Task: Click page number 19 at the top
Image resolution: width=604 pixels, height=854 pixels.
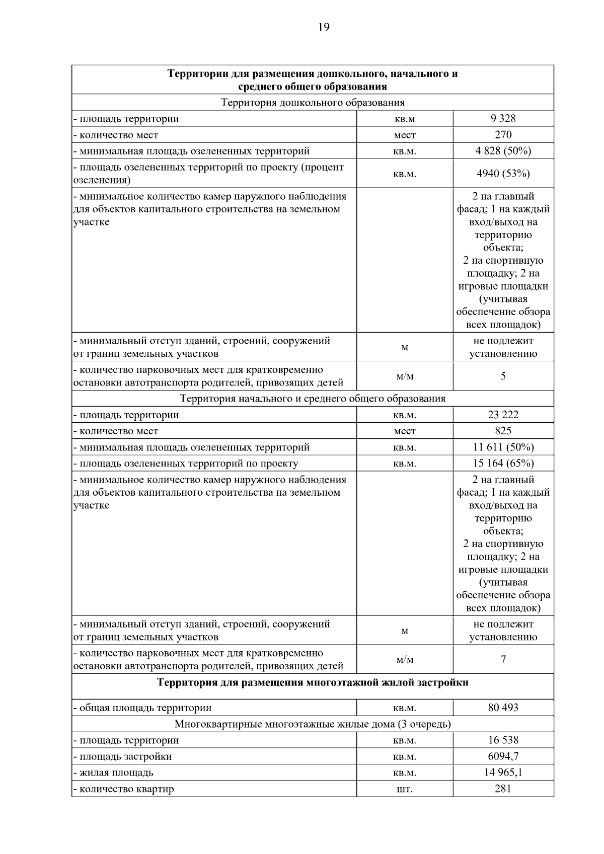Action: pyautogui.click(x=324, y=27)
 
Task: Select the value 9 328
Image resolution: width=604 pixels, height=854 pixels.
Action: pyautogui.click(x=503, y=118)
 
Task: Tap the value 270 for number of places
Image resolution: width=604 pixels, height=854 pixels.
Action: pyautogui.click(x=503, y=134)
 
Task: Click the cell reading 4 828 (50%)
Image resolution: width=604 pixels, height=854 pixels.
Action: pyautogui.click(x=503, y=150)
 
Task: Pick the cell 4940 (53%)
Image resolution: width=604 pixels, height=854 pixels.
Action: pyautogui.click(x=503, y=174)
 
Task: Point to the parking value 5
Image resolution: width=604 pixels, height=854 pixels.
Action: pyautogui.click(x=503, y=376)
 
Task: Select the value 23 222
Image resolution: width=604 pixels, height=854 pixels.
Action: pyautogui.click(x=503, y=415)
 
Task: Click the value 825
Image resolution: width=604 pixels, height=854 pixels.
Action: pyautogui.click(x=503, y=431)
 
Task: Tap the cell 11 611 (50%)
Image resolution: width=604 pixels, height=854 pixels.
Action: pyautogui.click(x=503, y=447)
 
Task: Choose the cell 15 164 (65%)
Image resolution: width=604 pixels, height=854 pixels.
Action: pyautogui.click(x=503, y=463)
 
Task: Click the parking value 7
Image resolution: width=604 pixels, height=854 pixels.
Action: pyautogui.click(x=503, y=659)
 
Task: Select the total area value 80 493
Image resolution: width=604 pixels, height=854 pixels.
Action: pyautogui.click(x=503, y=708)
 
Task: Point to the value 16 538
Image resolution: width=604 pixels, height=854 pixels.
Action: pyautogui.click(x=503, y=740)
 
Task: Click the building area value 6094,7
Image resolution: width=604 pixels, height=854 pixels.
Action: pyautogui.click(x=503, y=756)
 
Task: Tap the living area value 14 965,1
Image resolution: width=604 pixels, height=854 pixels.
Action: pyautogui.click(x=503, y=772)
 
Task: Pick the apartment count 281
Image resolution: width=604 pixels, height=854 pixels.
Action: pyautogui.click(x=503, y=788)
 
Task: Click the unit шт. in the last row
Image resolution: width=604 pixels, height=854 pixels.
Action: pyautogui.click(x=405, y=789)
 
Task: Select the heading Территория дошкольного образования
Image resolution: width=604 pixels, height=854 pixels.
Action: pyautogui.click(x=313, y=103)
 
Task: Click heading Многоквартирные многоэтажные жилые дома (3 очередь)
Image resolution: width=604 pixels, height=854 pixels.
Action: pyautogui.click(x=313, y=724)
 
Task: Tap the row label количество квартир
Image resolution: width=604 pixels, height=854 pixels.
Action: pyautogui.click(x=126, y=789)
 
